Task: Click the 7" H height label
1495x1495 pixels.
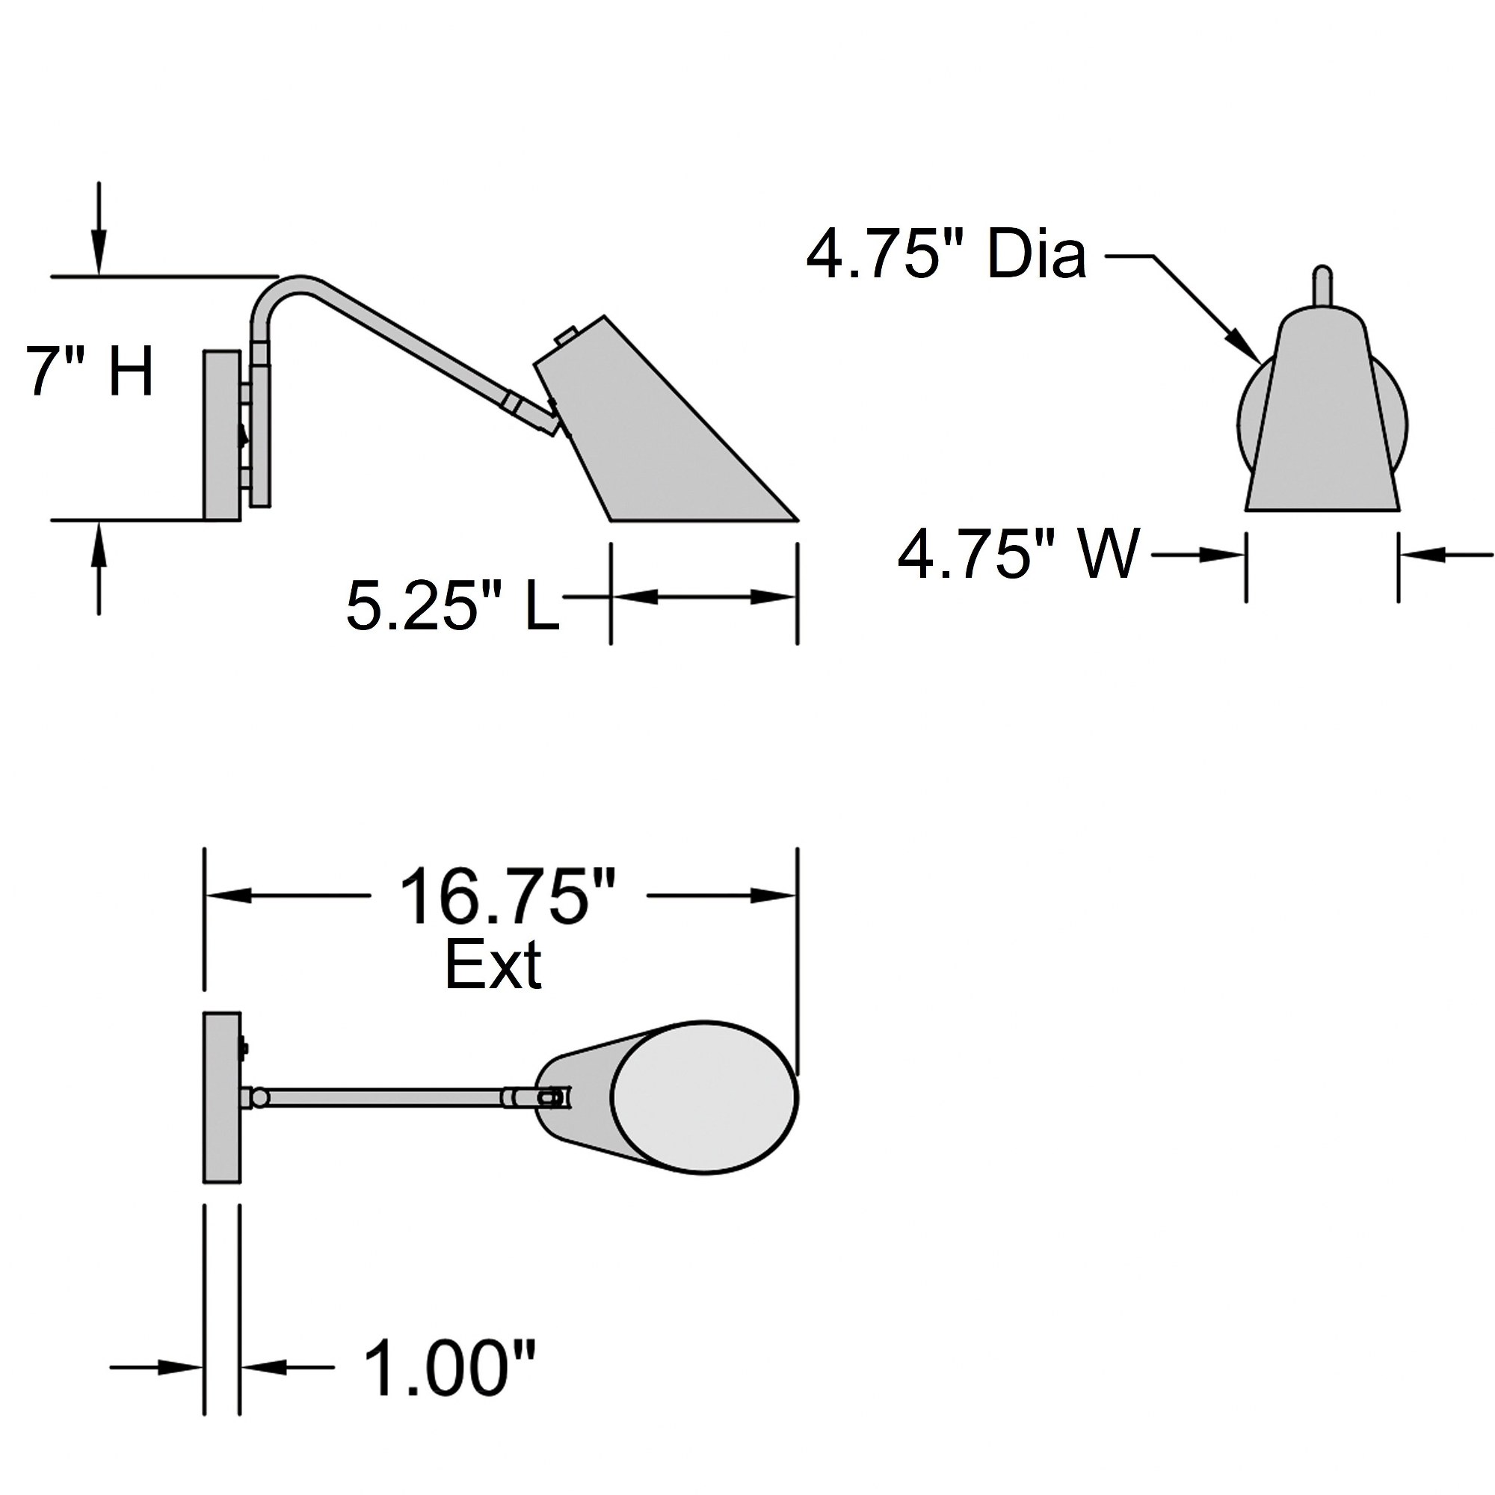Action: click(x=90, y=372)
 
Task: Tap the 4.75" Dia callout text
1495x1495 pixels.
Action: click(x=946, y=254)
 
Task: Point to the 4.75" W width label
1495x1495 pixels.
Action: click(x=1019, y=554)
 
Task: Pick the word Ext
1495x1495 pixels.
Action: click(x=493, y=965)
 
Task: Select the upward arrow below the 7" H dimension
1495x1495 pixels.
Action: click(x=98, y=568)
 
